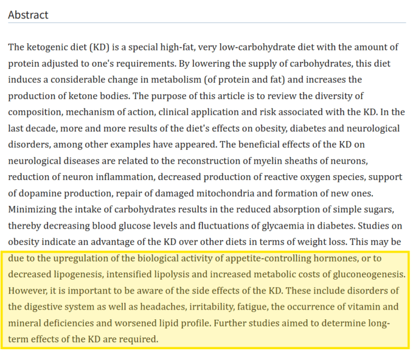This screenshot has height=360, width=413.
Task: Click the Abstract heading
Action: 28,14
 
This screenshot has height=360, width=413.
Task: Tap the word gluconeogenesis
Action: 358,275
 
